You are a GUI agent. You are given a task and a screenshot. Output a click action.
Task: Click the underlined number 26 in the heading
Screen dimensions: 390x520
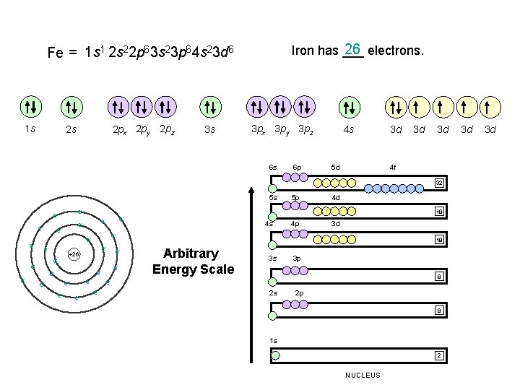(x=353, y=50)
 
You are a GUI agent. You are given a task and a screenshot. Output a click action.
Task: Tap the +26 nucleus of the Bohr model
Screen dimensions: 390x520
(x=74, y=254)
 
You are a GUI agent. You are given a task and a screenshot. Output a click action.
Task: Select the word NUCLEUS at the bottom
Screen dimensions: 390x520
(x=363, y=375)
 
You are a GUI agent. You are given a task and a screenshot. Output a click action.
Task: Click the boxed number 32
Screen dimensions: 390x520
(x=438, y=183)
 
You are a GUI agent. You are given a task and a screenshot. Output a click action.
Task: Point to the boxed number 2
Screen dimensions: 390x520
(x=438, y=355)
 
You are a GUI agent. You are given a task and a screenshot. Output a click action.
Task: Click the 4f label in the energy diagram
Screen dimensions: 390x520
(x=392, y=168)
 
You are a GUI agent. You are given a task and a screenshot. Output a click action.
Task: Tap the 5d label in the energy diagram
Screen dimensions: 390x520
(x=335, y=168)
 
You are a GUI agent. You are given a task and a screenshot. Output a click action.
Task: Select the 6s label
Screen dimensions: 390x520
(x=273, y=168)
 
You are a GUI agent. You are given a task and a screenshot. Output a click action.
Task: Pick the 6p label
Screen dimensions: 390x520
(x=296, y=168)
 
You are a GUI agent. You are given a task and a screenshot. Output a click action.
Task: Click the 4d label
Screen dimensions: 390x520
(x=336, y=197)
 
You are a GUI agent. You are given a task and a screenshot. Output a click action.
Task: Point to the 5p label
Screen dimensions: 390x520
(x=295, y=198)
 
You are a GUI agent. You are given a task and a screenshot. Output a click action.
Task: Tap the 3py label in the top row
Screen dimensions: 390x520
(x=281, y=130)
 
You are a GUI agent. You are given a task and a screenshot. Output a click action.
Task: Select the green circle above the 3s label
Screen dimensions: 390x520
(x=210, y=108)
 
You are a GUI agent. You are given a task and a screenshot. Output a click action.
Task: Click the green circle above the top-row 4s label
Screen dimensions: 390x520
(x=350, y=108)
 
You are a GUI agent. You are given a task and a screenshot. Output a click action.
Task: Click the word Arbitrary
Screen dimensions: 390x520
(x=191, y=254)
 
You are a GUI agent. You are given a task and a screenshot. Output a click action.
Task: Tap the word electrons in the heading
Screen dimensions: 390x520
(x=396, y=51)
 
